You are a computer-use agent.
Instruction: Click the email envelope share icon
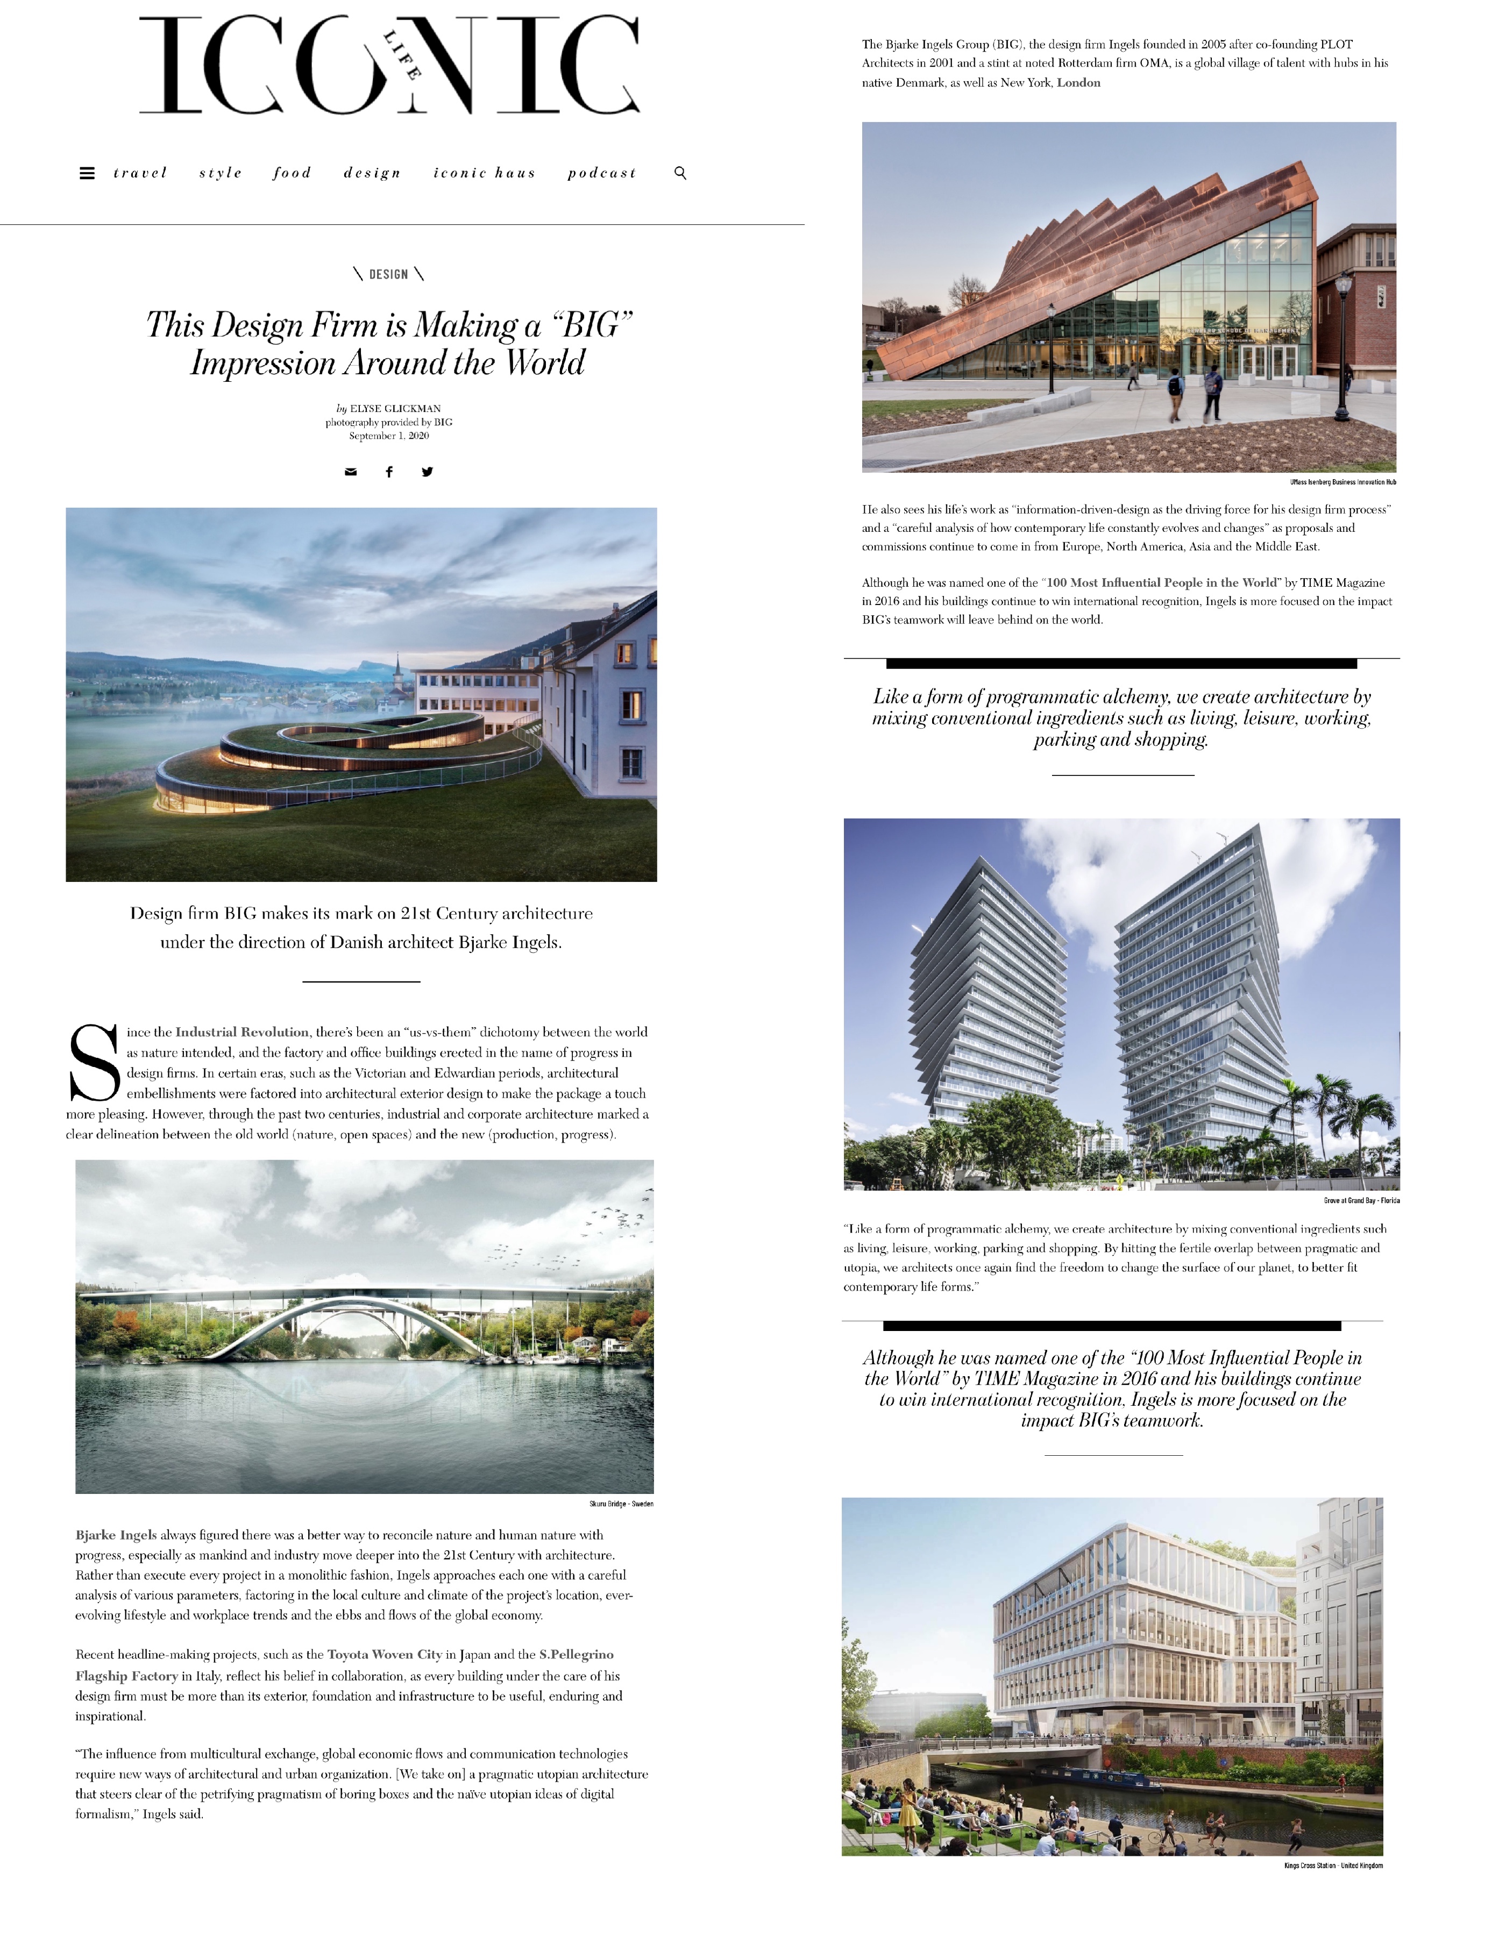(350, 472)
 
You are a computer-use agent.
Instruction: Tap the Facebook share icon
(388, 472)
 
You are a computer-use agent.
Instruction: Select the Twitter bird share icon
(427, 472)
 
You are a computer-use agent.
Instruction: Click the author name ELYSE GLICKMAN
(395, 409)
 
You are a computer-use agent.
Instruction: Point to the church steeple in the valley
(398, 674)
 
